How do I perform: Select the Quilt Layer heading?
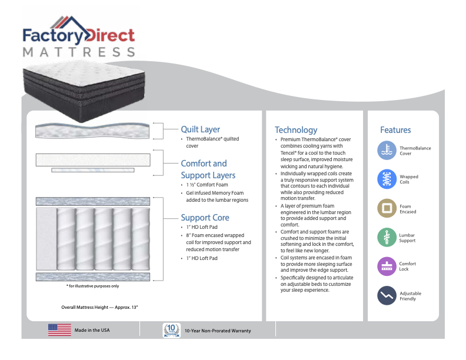click(x=200, y=129)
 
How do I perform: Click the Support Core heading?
click(x=205, y=218)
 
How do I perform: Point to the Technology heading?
click(x=295, y=130)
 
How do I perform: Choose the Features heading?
click(x=395, y=130)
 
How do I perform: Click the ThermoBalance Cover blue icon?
click(x=387, y=151)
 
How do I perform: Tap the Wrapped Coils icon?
click(x=387, y=179)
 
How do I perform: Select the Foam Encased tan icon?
click(x=387, y=208)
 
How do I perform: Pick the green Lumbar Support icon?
click(x=387, y=237)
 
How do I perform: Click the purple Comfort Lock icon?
click(x=387, y=266)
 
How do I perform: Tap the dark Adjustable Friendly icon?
click(x=387, y=295)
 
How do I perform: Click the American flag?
click(x=59, y=330)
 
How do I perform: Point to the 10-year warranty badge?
click(x=170, y=330)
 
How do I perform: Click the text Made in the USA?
click(x=92, y=331)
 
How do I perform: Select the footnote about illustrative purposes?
click(x=92, y=286)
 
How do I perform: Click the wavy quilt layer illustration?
click(x=94, y=130)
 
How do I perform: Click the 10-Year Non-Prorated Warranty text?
click(x=217, y=331)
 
